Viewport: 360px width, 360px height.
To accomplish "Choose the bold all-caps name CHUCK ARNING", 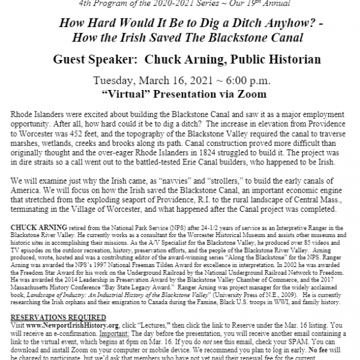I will (x=35, y=212).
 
